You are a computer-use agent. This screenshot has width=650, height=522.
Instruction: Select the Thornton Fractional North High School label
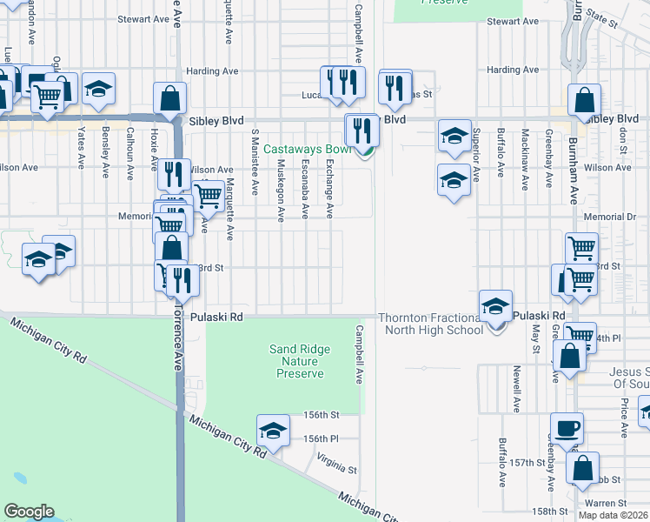430,324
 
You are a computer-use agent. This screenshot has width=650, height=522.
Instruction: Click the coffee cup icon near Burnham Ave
567,429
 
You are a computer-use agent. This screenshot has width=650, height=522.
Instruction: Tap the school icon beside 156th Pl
273,431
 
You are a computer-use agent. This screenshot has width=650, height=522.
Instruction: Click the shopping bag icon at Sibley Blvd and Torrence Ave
170,98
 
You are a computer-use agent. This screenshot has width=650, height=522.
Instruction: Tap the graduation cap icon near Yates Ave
99,89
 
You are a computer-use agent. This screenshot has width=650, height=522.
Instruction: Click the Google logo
29,512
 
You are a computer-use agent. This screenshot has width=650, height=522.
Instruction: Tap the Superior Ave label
476,154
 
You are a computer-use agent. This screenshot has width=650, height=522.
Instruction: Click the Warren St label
612,503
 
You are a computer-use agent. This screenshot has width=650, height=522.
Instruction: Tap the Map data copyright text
613,515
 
